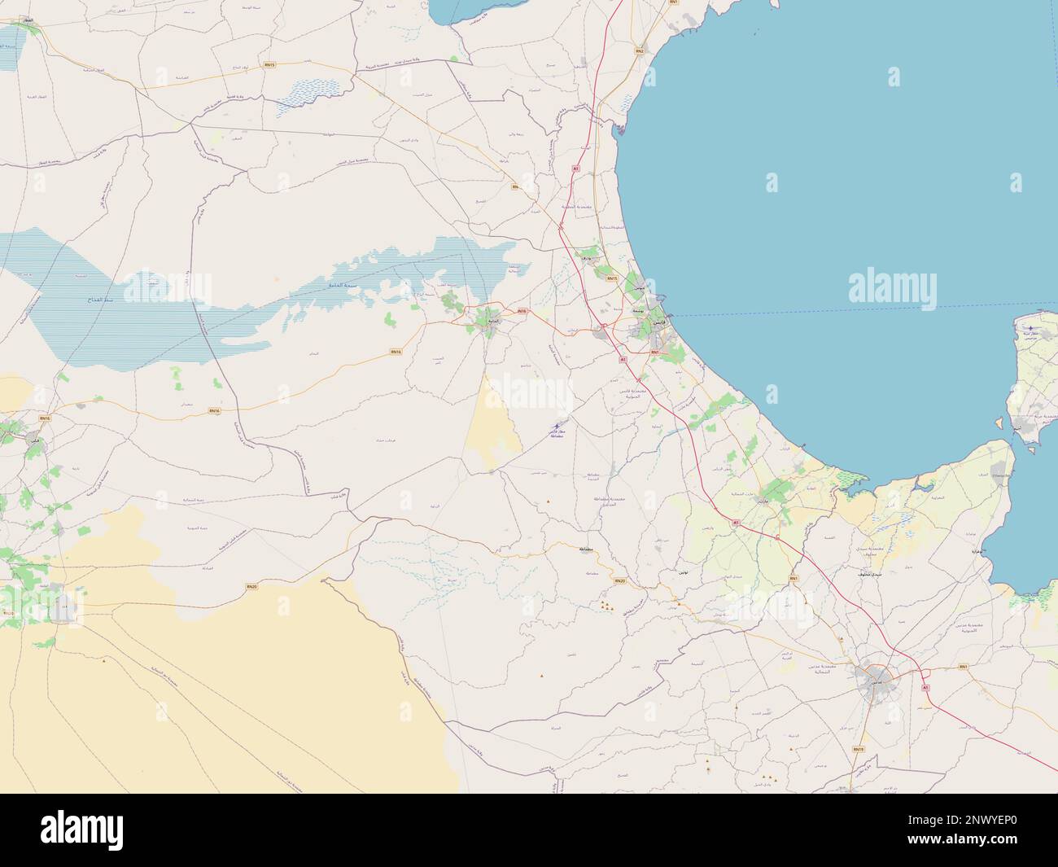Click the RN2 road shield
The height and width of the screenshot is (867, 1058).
tap(640, 51)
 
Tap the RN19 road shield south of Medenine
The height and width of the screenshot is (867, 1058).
tap(858, 749)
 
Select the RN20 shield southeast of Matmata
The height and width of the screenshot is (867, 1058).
tap(620, 580)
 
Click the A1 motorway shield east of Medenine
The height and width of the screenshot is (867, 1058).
tap(925, 688)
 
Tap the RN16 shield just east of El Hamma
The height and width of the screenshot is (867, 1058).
tap(521, 311)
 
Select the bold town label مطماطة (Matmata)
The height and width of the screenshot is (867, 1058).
tap(585, 550)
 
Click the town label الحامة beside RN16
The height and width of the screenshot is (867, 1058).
tap(492, 322)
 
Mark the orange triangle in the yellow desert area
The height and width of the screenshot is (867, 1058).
tap(104, 661)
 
